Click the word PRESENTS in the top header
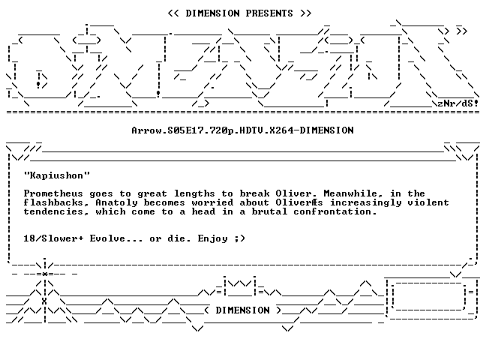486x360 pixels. point(269,13)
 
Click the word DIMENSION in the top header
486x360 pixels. point(212,13)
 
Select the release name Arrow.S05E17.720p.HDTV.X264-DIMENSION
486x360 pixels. point(242,130)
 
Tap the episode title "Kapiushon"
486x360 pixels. point(57,175)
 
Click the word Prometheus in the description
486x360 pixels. point(53,193)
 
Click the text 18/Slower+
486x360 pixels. point(53,238)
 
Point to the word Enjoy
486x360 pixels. point(213,238)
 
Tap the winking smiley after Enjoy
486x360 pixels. point(239,238)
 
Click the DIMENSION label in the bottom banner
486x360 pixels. point(243,310)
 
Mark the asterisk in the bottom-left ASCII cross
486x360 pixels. point(45,274)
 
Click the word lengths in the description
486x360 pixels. point(194,193)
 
